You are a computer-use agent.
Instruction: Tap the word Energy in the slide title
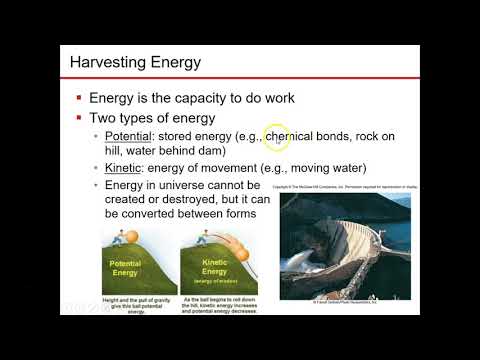tap(172, 64)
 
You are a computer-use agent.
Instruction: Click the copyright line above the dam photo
tap(344, 186)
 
